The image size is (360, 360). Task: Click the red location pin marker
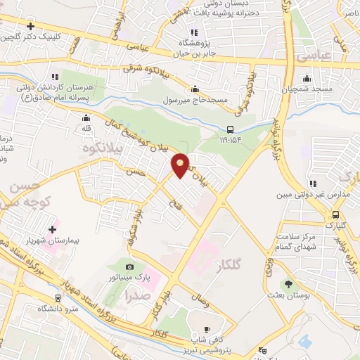[181, 165]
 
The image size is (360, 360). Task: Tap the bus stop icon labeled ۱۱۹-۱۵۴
[231, 129]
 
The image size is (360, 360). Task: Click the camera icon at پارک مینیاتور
[129, 266]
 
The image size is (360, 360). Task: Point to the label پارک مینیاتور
[129, 278]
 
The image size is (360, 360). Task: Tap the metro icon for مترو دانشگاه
[57, 297]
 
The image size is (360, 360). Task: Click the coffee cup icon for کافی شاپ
[207, 329]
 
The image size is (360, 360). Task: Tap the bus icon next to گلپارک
[335, 215]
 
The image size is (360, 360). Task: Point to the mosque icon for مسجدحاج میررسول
[194, 89]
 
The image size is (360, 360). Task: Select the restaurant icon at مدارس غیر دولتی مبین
[312, 184]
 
